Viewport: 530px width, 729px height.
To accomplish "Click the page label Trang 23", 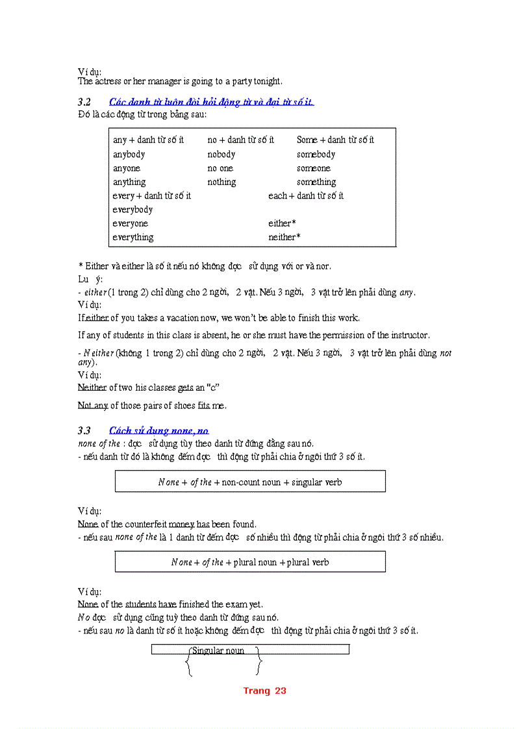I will click(264, 691).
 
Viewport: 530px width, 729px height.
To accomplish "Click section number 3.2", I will click(84, 102).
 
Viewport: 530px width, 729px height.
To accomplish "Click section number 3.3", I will click(84, 430).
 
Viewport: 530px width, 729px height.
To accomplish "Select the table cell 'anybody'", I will click(129, 154).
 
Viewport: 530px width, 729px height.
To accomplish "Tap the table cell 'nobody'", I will click(221, 154).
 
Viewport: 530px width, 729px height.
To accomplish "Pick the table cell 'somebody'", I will click(316, 154).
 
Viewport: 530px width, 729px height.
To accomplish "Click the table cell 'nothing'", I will click(221, 182).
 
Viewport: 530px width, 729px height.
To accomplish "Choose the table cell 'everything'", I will click(133, 238).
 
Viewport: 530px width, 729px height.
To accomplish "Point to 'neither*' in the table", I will click(284, 238).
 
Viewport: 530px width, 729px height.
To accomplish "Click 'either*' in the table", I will click(282, 223).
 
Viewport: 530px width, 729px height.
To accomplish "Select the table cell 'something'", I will click(316, 182).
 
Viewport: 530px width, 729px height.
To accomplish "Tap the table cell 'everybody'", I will click(132, 210).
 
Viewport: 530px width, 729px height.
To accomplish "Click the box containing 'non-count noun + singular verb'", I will click(250, 482).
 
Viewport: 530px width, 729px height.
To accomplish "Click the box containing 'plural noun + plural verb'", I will click(250, 562).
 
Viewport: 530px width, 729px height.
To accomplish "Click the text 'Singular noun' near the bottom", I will click(218, 651).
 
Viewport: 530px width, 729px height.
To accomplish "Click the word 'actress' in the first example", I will click(108, 81).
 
